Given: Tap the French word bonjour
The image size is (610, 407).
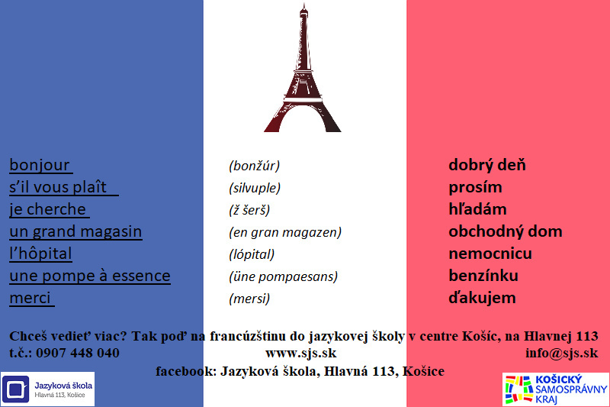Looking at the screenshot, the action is click(x=40, y=165).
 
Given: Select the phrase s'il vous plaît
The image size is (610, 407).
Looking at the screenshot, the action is click(x=58, y=187).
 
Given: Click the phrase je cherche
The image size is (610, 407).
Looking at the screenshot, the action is click(x=47, y=209).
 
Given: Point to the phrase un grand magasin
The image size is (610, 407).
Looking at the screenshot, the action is click(x=75, y=231).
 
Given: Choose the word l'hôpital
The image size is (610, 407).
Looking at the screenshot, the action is click(x=40, y=254).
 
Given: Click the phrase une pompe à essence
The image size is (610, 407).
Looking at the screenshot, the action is click(x=90, y=276).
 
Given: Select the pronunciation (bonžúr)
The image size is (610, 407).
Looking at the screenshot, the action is click(x=255, y=166).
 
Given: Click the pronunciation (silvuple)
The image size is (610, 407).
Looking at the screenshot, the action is click(x=255, y=188).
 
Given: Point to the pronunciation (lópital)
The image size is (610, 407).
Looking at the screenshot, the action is click(x=252, y=255).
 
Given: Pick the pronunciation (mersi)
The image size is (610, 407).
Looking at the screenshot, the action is click(x=249, y=299).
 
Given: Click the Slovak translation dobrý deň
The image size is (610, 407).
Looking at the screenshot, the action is click(x=487, y=165).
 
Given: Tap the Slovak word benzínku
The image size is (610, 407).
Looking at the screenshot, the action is click(x=483, y=276).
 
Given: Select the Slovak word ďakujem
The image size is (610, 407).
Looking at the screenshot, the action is click(x=482, y=298).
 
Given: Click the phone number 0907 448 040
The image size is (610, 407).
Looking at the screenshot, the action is click(x=78, y=353).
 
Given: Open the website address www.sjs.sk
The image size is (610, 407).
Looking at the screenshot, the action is click(x=301, y=353).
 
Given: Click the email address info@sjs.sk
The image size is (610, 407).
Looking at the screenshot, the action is click(x=562, y=353).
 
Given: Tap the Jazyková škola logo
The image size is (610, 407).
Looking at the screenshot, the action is click(x=47, y=389).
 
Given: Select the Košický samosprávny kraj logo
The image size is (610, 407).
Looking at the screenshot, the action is click(x=556, y=389).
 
